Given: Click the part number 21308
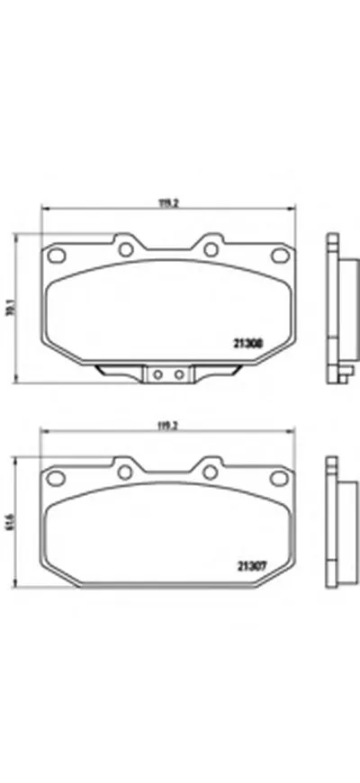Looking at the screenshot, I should [x=249, y=342].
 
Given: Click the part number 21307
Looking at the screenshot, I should [x=249, y=565].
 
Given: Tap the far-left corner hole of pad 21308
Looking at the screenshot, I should [x=53, y=253].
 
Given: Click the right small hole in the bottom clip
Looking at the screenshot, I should [x=178, y=372].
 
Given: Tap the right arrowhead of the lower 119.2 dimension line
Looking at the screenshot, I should [x=293, y=434].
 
